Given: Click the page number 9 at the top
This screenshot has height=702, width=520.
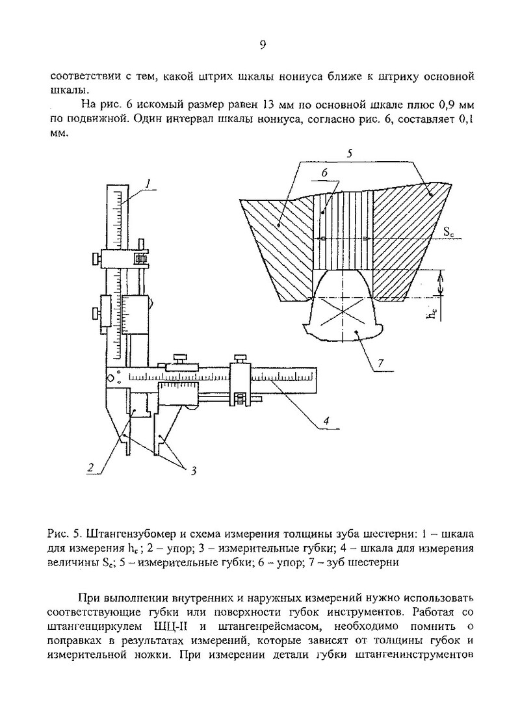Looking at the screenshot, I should click(x=263, y=45).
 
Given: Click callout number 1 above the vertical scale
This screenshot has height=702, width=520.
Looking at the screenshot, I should click(x=148, y=184).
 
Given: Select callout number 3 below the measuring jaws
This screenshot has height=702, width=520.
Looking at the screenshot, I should click(x=192, y=471).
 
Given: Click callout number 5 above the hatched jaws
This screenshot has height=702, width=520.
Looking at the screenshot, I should click(x=349, y=154).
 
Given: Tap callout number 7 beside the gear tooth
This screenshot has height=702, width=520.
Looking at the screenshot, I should click(x=380, y=365).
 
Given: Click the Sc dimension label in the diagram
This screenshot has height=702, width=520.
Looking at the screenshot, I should click(x=449, y=231).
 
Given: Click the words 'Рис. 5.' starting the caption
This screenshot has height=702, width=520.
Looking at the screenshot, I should click(x=62, y=534).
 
